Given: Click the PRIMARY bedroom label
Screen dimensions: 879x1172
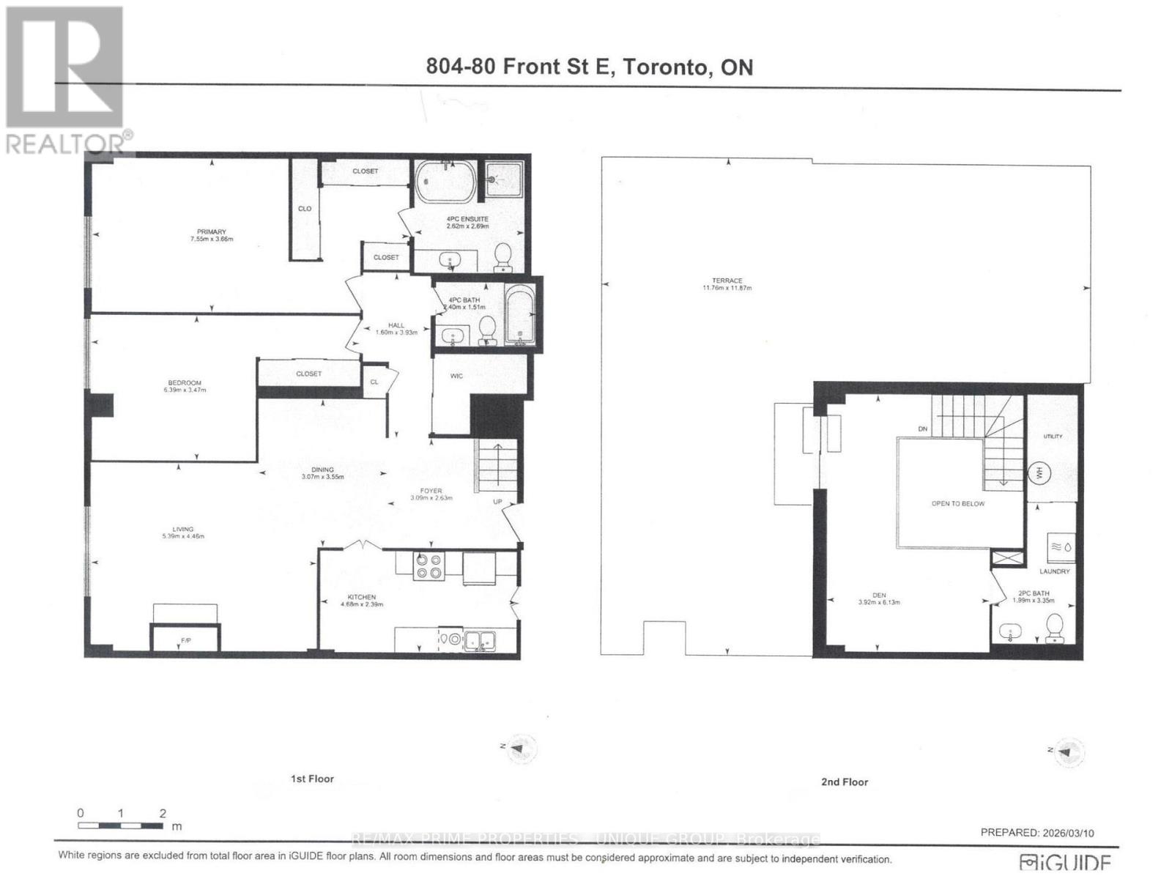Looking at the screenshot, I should point(212,231).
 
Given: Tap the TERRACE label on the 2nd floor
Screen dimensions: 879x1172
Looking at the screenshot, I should point(727,281).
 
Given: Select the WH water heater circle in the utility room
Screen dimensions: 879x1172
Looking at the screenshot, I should point(1039,473).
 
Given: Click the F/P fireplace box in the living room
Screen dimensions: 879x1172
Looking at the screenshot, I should point(185,638).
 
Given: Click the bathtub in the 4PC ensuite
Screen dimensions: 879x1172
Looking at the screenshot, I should point(445,182).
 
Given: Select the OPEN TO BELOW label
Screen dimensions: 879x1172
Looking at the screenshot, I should point(957,504).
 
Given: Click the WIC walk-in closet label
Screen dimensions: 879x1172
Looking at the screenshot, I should point(456,376).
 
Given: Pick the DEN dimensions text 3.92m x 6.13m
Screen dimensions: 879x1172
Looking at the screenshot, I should point(879,602).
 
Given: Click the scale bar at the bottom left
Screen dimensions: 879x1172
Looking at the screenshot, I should point(121,826).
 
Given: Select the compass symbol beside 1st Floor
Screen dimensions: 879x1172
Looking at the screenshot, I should point(519,748).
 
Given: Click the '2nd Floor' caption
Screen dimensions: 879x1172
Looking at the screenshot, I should point(844,782).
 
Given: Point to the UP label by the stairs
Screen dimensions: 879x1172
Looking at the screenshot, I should point(497,502).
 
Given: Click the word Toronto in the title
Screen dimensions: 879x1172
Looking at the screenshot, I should point(666,67).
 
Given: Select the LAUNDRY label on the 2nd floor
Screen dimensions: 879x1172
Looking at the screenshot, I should point(1054,571).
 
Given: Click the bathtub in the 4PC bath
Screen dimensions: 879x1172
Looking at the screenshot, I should point(520,316).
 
